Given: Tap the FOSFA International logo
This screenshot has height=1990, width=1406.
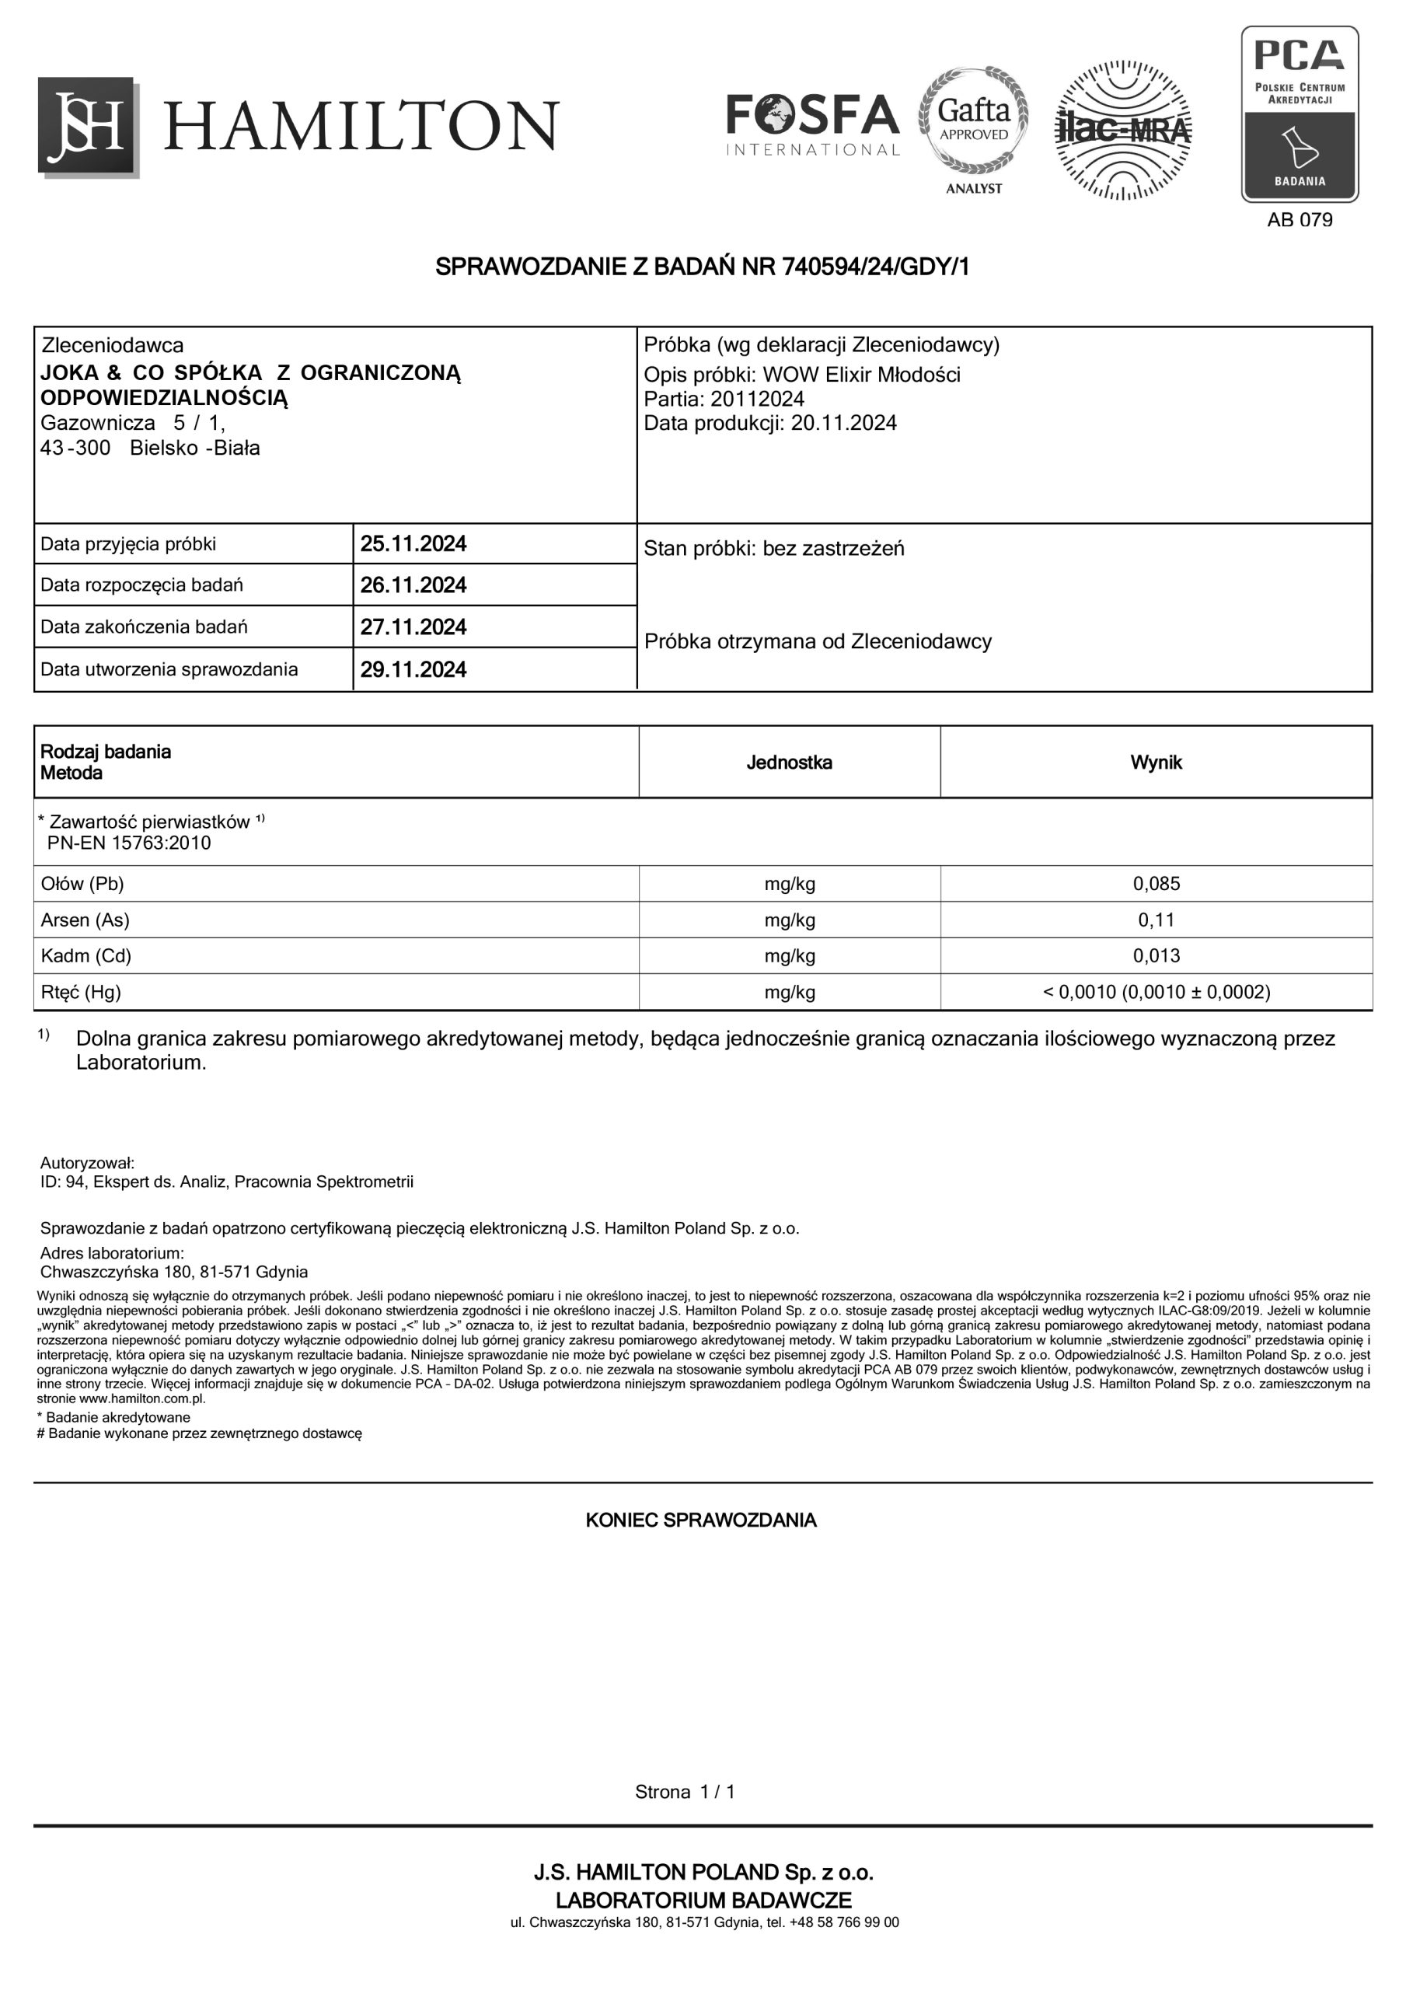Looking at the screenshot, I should point(812,125).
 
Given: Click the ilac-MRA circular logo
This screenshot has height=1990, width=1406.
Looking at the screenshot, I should point(1122,130).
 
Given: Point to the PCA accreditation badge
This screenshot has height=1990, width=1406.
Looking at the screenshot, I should point(1299,113).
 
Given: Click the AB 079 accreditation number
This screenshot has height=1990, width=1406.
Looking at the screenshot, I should point(1299,220).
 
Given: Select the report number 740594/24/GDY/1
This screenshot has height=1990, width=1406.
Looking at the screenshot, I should point(875,267).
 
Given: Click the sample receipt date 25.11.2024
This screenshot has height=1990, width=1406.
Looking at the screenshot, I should point(413,544).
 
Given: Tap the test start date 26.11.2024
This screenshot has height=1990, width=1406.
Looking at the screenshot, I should point(413,586).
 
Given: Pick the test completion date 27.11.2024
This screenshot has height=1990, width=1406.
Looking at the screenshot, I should point(413,627).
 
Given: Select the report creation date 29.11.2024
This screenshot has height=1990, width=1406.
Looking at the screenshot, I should point(413,670).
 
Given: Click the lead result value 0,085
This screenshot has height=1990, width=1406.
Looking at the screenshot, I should point(1156,884).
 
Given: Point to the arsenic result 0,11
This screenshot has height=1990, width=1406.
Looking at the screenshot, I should point(1156,920).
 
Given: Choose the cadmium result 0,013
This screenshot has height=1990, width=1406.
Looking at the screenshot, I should point(1156,956).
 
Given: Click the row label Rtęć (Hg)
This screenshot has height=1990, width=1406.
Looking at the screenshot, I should point(81,993).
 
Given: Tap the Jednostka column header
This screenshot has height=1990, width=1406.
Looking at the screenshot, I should point(789,763).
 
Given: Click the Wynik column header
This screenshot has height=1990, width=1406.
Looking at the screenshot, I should point(1156,763).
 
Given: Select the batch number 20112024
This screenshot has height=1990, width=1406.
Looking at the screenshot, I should point(757,400).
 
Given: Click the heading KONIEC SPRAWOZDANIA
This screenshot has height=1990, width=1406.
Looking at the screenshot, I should point(701,1521).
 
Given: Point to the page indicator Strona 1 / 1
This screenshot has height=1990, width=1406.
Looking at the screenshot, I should point(685,1793).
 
